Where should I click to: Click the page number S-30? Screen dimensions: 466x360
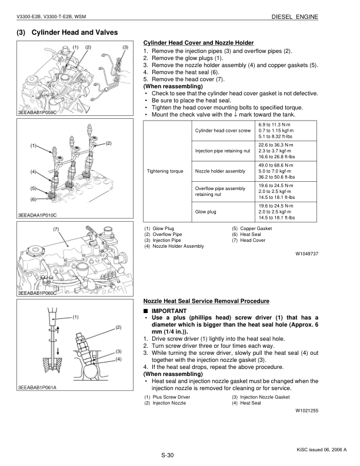pyautogui.click(x=168, y=455)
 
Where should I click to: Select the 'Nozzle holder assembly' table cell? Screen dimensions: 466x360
pyautogui.click(x=220, y=171)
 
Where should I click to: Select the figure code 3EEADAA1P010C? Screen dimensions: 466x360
pyautogui.click(x=40, y=215)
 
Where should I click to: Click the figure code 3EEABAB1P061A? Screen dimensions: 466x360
pyautogui.click(x=40, y=387)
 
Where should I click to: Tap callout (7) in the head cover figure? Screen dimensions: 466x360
pyautogui.click(x=55, y=228)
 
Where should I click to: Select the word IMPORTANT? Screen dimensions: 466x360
pyautogui.click(x=169, y=310)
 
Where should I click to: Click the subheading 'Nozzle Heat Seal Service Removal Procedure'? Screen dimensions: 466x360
pyautogui.click(x=206, y=301)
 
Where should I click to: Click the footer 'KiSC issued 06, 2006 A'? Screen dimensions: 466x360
pyautogui.click(x=322, y=450)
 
